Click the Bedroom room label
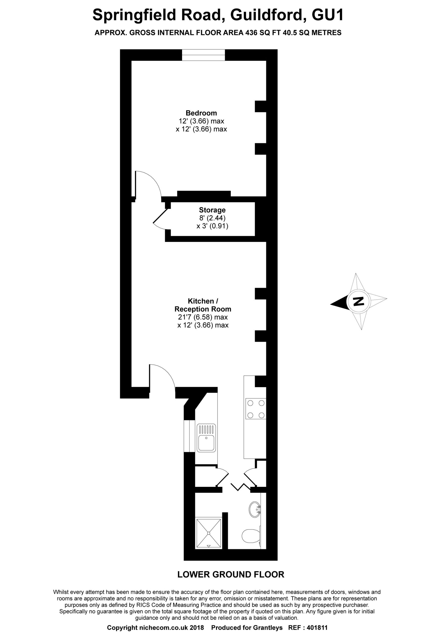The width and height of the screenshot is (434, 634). (x=201, y=113)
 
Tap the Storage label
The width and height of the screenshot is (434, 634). (x=212, y=210)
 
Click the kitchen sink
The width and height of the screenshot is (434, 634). (x=206, y=438)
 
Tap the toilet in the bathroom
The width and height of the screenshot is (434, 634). (x=251, y=537)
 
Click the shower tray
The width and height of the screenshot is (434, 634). (x=209, y=533)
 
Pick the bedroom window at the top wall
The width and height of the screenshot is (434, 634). (x=204, y=55)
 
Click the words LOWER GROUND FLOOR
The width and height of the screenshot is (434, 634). (x=231, y=574)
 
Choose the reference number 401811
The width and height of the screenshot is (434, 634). (x=317, y=628)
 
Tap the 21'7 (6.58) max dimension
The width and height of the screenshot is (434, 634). (x=203, y=317)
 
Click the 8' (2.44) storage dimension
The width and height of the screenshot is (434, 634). (x=212, y=218)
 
